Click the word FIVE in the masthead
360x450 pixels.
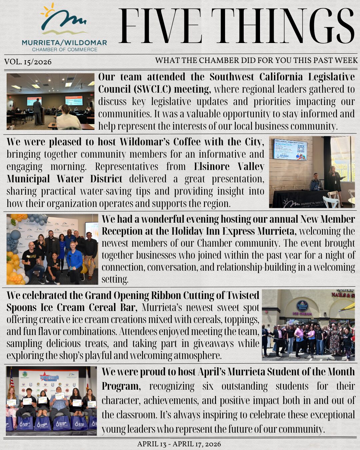[160, 27]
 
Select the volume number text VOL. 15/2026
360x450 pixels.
[28, 62]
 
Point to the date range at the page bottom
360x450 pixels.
[179, 444]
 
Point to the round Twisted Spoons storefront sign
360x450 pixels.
[302, 306]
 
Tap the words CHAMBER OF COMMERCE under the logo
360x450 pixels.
[65, 50]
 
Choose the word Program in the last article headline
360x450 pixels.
[120, 386]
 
